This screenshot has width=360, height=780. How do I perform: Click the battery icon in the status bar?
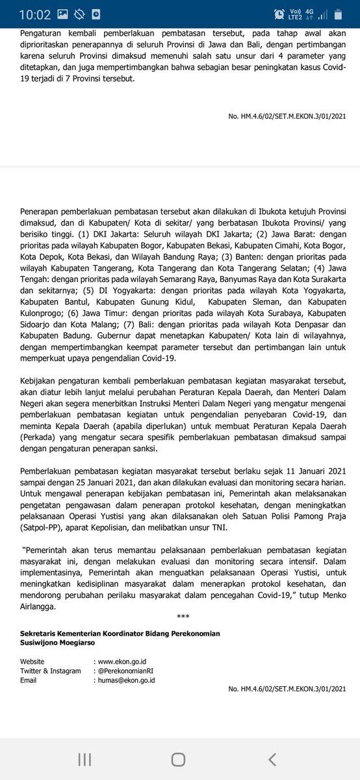(x=339, y=14)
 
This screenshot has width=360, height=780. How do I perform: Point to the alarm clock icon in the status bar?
(x=279, y=14)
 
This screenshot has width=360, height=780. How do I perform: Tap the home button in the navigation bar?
(x=178, y=759)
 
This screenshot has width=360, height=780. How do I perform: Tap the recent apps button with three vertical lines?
(x=84, y=759)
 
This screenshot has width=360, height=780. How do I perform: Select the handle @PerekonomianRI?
(x=128, y=671)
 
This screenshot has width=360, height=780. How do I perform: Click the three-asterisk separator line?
(x=183, y=621)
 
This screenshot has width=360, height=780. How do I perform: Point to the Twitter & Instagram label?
(x=51, y=671)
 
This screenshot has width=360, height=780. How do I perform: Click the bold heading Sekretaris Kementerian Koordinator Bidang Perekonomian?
(x=120, y=634)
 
